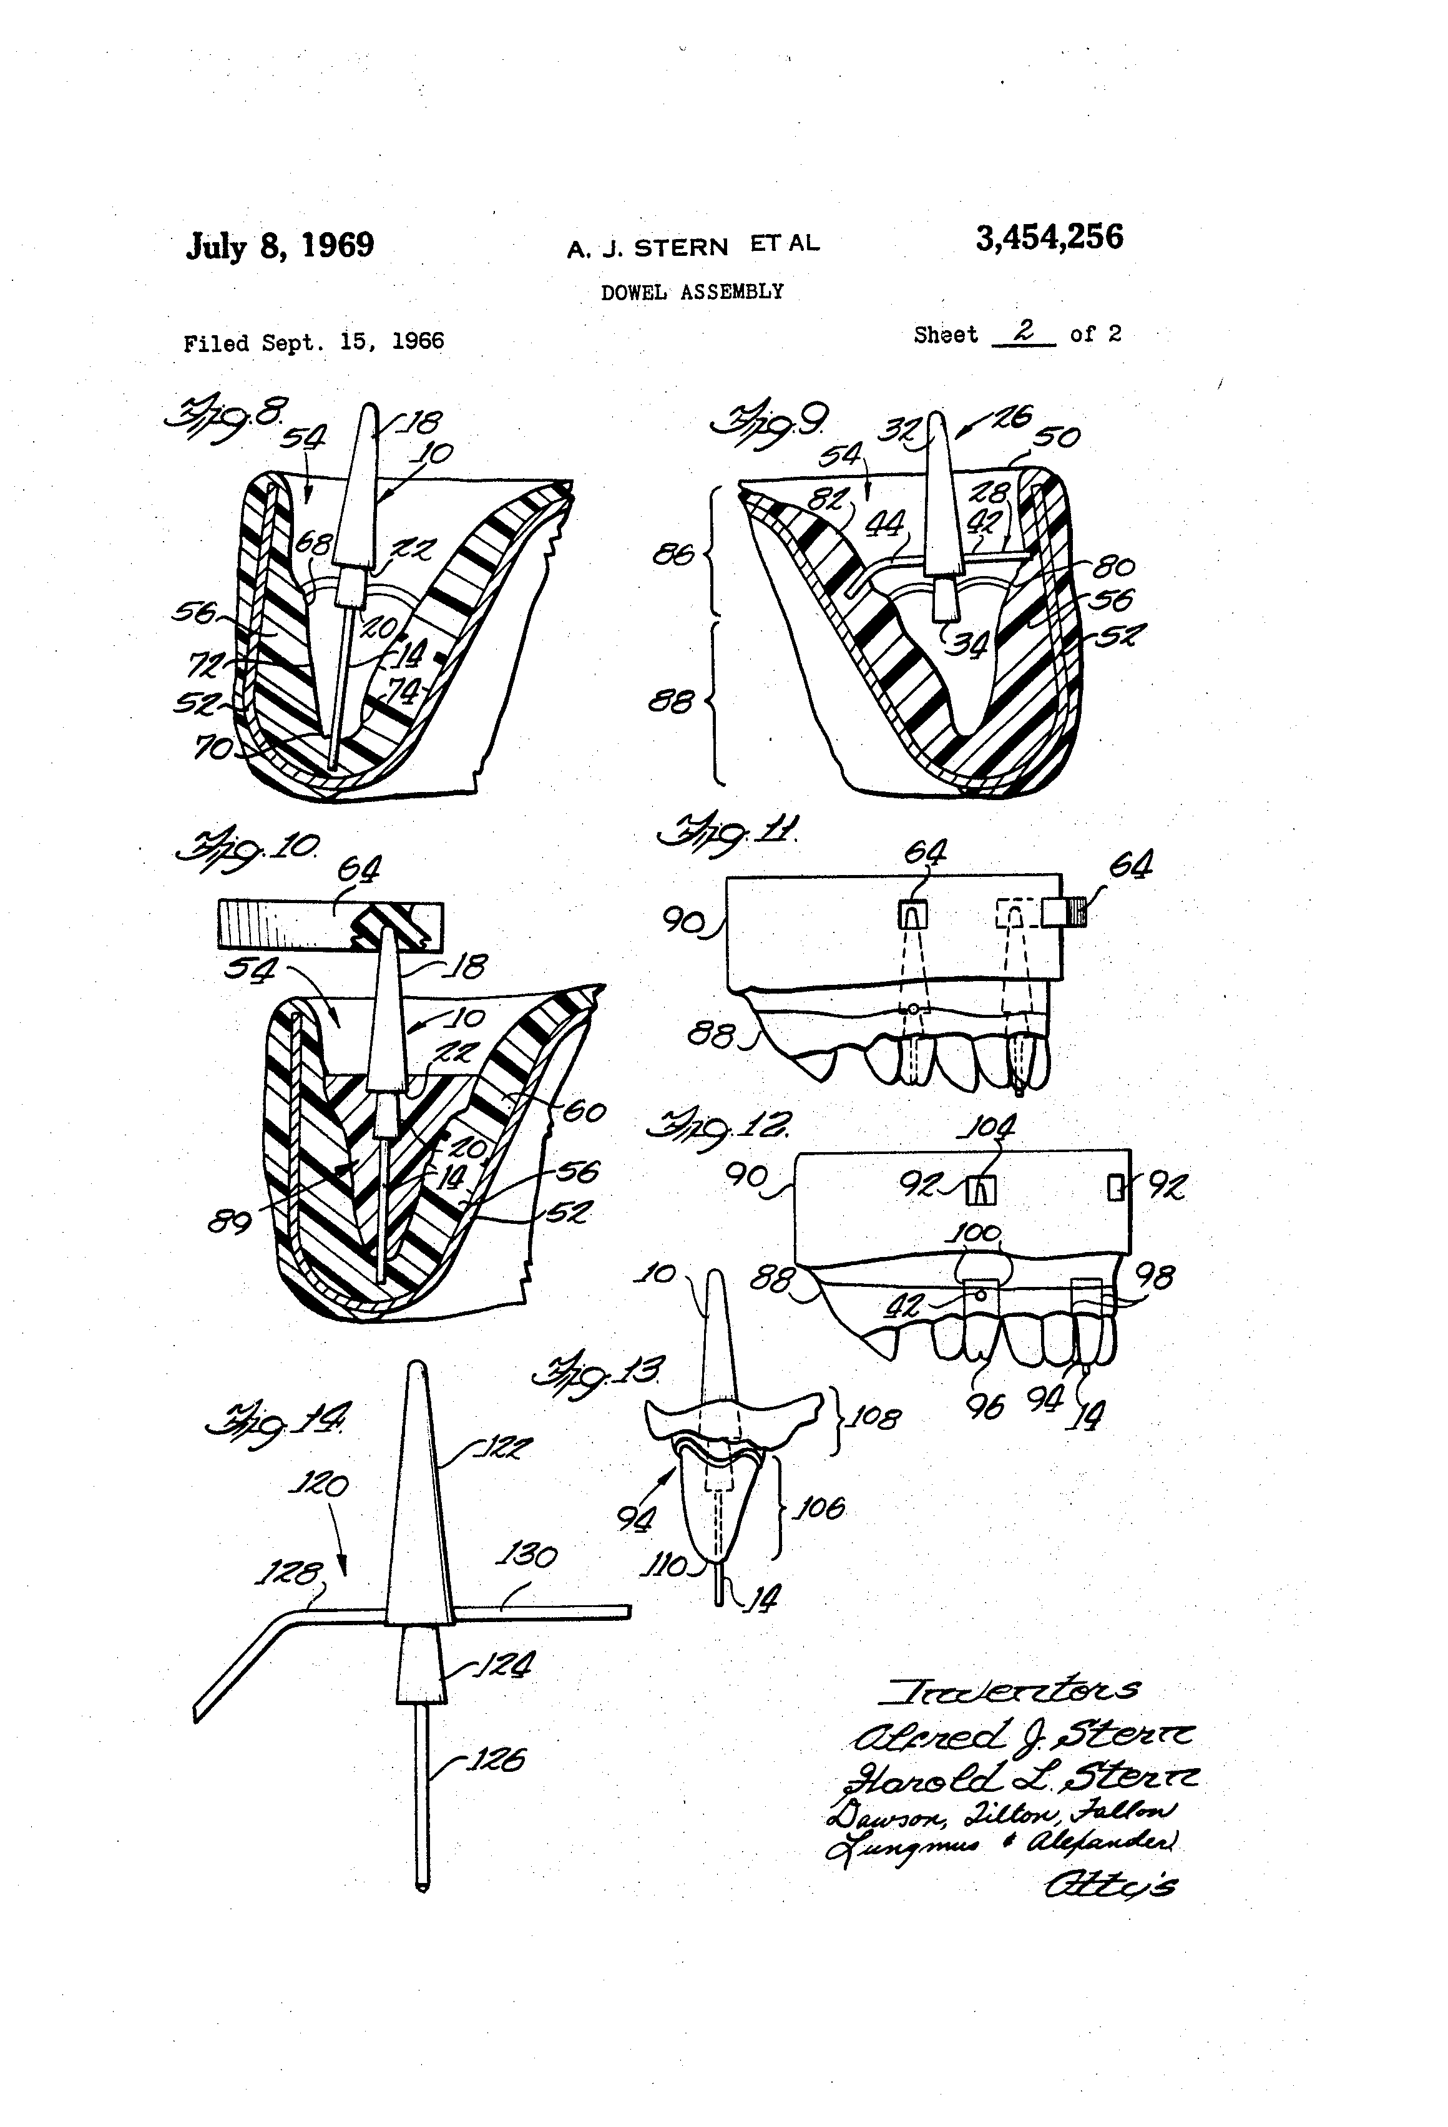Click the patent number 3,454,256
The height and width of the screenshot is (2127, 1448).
(x=1049, y=238)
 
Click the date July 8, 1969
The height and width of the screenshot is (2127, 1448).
(x=280, y=245)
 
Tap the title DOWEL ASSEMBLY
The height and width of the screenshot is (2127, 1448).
(x=692, y=292)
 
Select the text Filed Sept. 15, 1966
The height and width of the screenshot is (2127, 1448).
(x=314, y=342)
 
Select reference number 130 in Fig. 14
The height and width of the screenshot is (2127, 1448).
(x=526, y=1556)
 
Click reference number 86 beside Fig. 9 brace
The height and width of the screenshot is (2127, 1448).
(x=673, y=555)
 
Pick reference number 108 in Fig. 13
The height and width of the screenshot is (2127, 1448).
(x=875, y=1419)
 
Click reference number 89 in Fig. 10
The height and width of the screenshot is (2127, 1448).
(x=230, y=1221)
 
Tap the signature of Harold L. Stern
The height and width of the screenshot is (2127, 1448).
(x=1020, y=1778)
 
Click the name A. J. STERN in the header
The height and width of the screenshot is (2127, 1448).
(x=647, y=248)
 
